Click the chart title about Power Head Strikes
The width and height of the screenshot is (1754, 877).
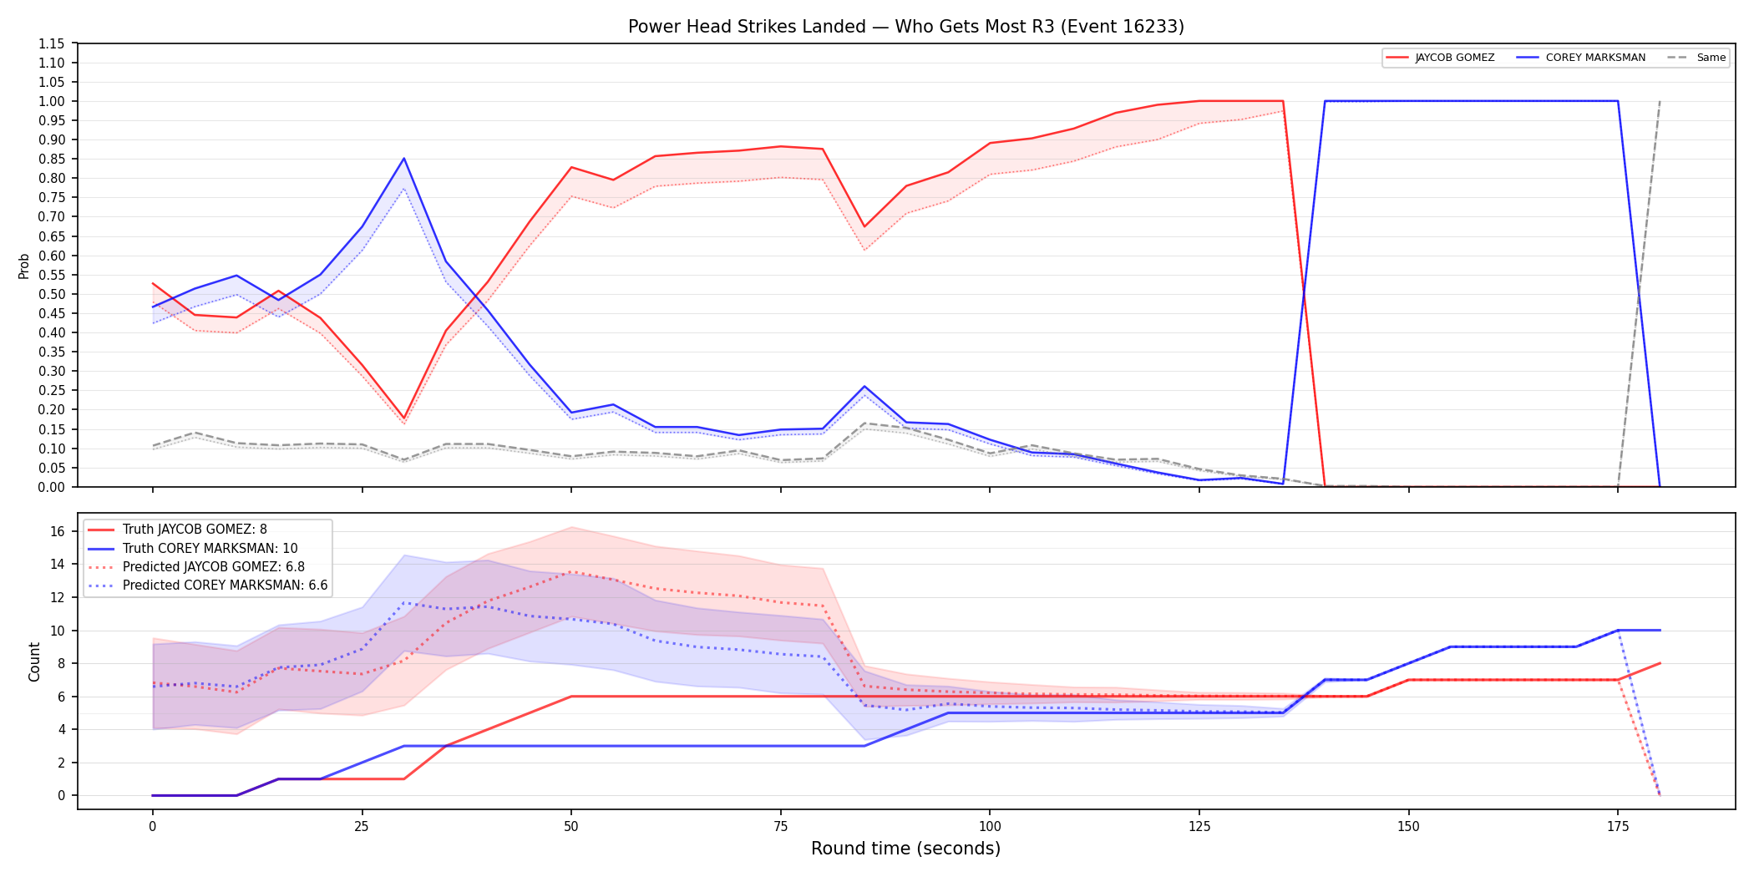point(905,27)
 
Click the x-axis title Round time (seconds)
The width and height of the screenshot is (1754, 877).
point(905,849)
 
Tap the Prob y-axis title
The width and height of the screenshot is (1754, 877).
point(23,266)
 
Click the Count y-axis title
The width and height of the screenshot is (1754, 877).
point(34,662)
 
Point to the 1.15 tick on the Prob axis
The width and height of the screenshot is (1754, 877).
point(52,43)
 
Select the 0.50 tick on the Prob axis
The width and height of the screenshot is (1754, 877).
point(52,294)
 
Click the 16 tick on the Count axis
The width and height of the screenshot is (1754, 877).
point(58,531)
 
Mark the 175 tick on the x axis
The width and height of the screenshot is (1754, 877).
point(1618,827)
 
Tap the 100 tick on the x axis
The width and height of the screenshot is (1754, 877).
point(990,827)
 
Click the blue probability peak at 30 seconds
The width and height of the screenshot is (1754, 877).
point(403,159)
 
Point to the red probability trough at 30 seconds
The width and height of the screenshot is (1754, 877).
point(403,418)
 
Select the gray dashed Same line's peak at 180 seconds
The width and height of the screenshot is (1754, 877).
point(1660,102)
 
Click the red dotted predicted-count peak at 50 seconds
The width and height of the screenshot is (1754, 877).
point(571,572)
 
